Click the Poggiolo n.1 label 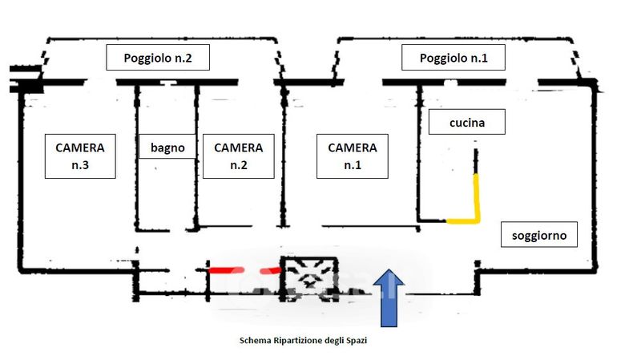tap(453, 59)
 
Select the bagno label tap(167, 148)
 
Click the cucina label tap(466, 123)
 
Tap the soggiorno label tap(538, 235)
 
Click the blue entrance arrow tap(389, 297)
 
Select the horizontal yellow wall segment tap(462, 219)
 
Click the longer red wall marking tap(226, 270)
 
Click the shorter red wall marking tap(272, 270)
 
